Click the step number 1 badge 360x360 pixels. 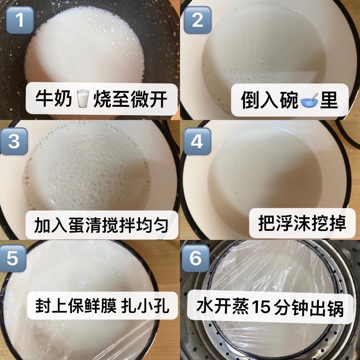[x=20, y=20]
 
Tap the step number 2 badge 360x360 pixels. [x=197, y=20]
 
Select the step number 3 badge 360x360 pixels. [x=14, y=141]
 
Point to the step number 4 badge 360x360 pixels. [x=197, y=141]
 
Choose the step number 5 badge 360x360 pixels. [x=13, y=258]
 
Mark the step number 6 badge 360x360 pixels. [x=196, y=258]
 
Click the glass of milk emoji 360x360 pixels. [x=83, y=99]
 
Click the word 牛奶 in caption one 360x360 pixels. [x=54, y=99]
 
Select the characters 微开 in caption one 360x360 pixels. [x=148, y=99]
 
